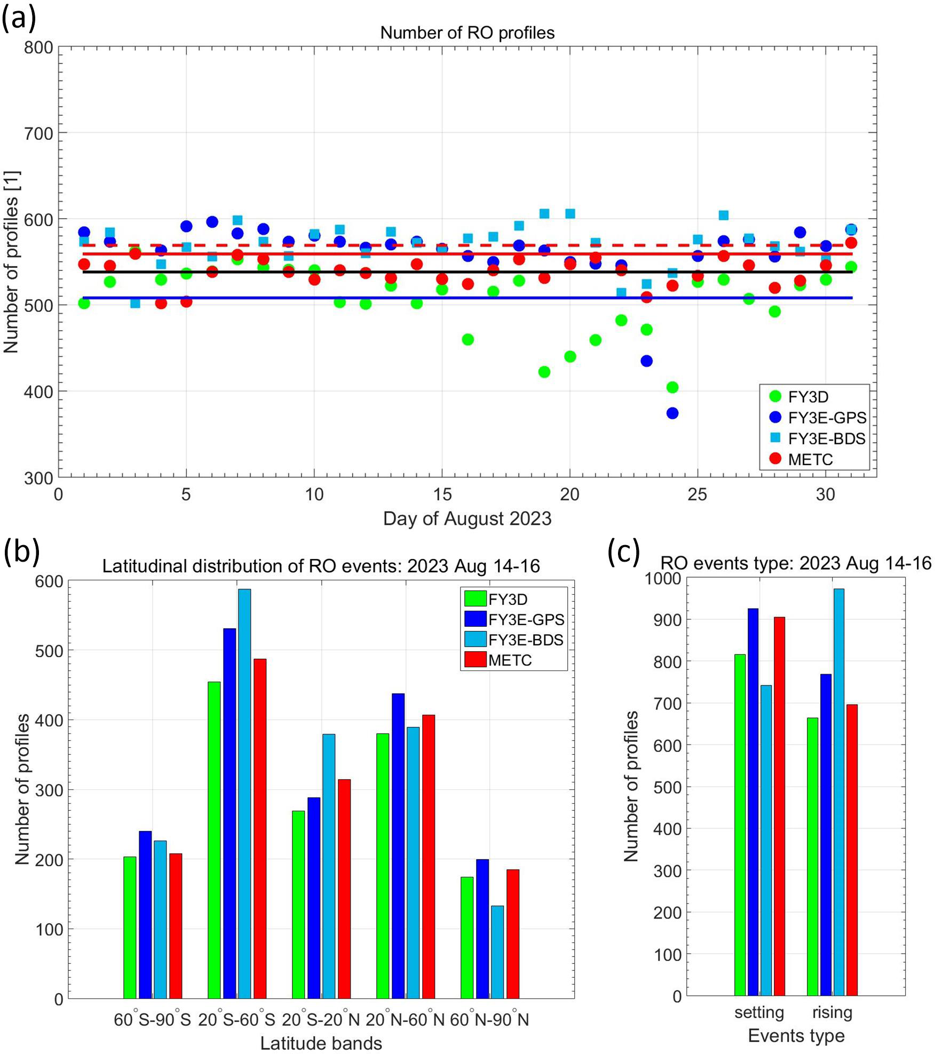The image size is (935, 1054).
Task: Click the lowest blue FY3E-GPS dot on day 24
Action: (x=672, y=413)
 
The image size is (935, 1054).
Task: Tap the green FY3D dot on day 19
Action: (x=544, y=372)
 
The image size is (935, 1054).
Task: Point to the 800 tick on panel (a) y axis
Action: (x=38, y=47)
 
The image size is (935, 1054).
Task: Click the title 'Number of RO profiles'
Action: (x=467, y=33)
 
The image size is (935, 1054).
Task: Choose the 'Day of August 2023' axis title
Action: (x=467, y=518)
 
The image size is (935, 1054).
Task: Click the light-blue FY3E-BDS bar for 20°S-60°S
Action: (x=244, y=794)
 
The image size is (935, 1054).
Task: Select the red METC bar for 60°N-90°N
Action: (x=513, y=933)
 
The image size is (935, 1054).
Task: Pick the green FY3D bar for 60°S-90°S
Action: (x=130, y=927)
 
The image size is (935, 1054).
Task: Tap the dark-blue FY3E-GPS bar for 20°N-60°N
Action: (x=398, y=846)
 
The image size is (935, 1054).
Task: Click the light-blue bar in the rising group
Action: (x=838, y=792)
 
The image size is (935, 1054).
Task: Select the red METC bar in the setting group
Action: (x=780, y=806)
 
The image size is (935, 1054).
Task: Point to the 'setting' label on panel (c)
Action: (x=759, y=1012)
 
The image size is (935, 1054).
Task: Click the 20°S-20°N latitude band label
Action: (x=321, y=1019)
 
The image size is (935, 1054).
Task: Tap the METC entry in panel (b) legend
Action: (x=510, y=660)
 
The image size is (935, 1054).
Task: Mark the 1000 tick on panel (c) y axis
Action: (x=662, y=578)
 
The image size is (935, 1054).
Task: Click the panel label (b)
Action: (x=21, y=552)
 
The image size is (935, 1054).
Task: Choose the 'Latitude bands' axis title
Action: (x=321, y=1043)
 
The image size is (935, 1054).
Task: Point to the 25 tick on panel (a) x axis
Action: (x=697, y=494)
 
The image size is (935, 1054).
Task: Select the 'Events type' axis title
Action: (x=796, y=1035)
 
